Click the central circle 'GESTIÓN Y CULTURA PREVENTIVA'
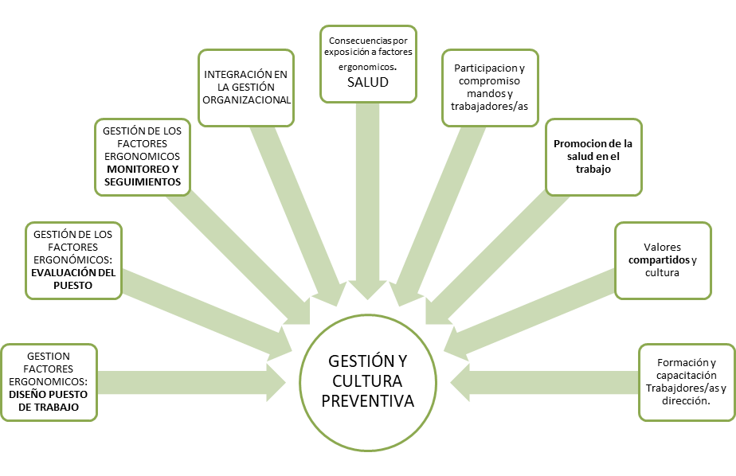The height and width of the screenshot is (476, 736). click(368, 380)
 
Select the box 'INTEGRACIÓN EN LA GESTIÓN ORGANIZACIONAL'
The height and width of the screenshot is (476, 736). click(246, 88)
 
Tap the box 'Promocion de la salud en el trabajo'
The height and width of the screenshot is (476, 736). click(593, 157)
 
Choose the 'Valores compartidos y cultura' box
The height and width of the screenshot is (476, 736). click(663, 260)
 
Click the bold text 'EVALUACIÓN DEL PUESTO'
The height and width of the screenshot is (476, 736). click(73, 279)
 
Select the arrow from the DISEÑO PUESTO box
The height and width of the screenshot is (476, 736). click(191, 383)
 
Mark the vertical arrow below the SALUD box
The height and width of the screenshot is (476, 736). click(368, 199)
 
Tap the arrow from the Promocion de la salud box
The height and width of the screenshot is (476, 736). click(494, 255)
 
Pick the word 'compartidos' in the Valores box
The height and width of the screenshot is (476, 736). click(659, 260)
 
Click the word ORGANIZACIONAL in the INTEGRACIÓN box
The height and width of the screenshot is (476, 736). click(246, 99)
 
